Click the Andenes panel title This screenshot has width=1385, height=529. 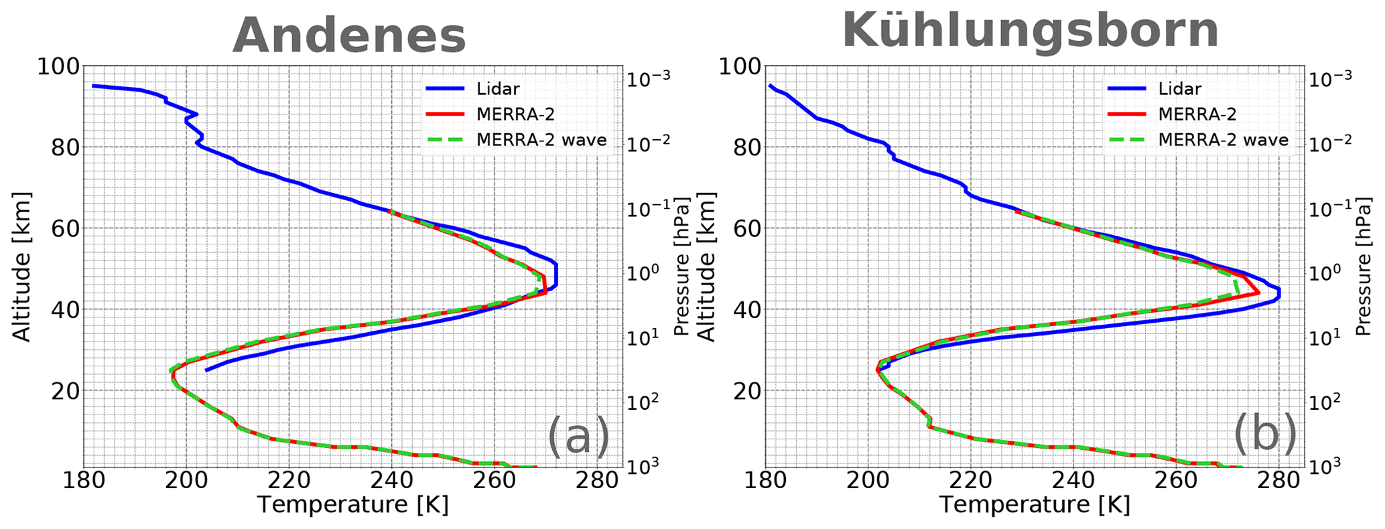tap(349, 35)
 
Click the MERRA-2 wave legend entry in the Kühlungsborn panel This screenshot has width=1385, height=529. tap(1223, 140)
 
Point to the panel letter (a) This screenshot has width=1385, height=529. tap(578, 436)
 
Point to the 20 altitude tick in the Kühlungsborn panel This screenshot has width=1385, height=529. tap(747, 391)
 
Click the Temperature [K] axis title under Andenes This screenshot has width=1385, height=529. tap(352, 505)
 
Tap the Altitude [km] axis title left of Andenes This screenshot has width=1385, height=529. tap(23, 267)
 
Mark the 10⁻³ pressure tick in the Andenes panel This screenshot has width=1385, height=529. tap(647, 78)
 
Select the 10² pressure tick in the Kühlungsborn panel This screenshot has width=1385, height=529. tap(1329, 402)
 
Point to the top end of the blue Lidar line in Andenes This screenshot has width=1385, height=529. tap(93, 86)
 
